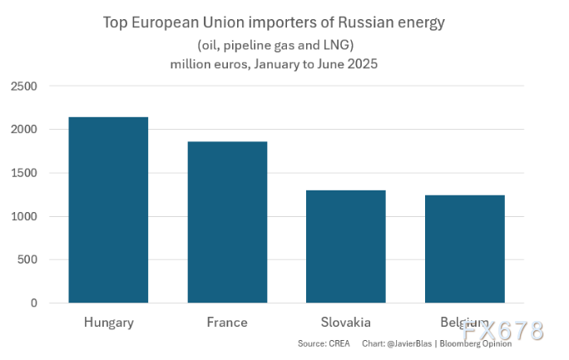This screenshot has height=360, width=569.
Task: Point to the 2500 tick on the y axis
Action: (x=23, y=86)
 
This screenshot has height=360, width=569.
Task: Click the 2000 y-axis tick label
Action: (x=23, y=130)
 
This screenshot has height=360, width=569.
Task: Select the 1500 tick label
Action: (x=23, y=173)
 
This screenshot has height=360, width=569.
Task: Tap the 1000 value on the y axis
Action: (x=23, y=216)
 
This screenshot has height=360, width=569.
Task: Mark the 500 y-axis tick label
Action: (x=27, y=259)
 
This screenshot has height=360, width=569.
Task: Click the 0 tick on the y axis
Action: (x=34, y=303)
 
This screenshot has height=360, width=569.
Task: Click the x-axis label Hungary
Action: (x=108, y=322)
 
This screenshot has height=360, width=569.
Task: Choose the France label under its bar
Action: (x=227, y=322)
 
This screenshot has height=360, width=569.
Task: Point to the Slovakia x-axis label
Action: (x=345, y=322)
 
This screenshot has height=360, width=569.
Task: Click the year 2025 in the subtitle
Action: (x=361, y=64)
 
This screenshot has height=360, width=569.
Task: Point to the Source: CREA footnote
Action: (x=324, y=343)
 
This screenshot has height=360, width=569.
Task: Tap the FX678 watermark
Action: (x=504, y=330)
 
